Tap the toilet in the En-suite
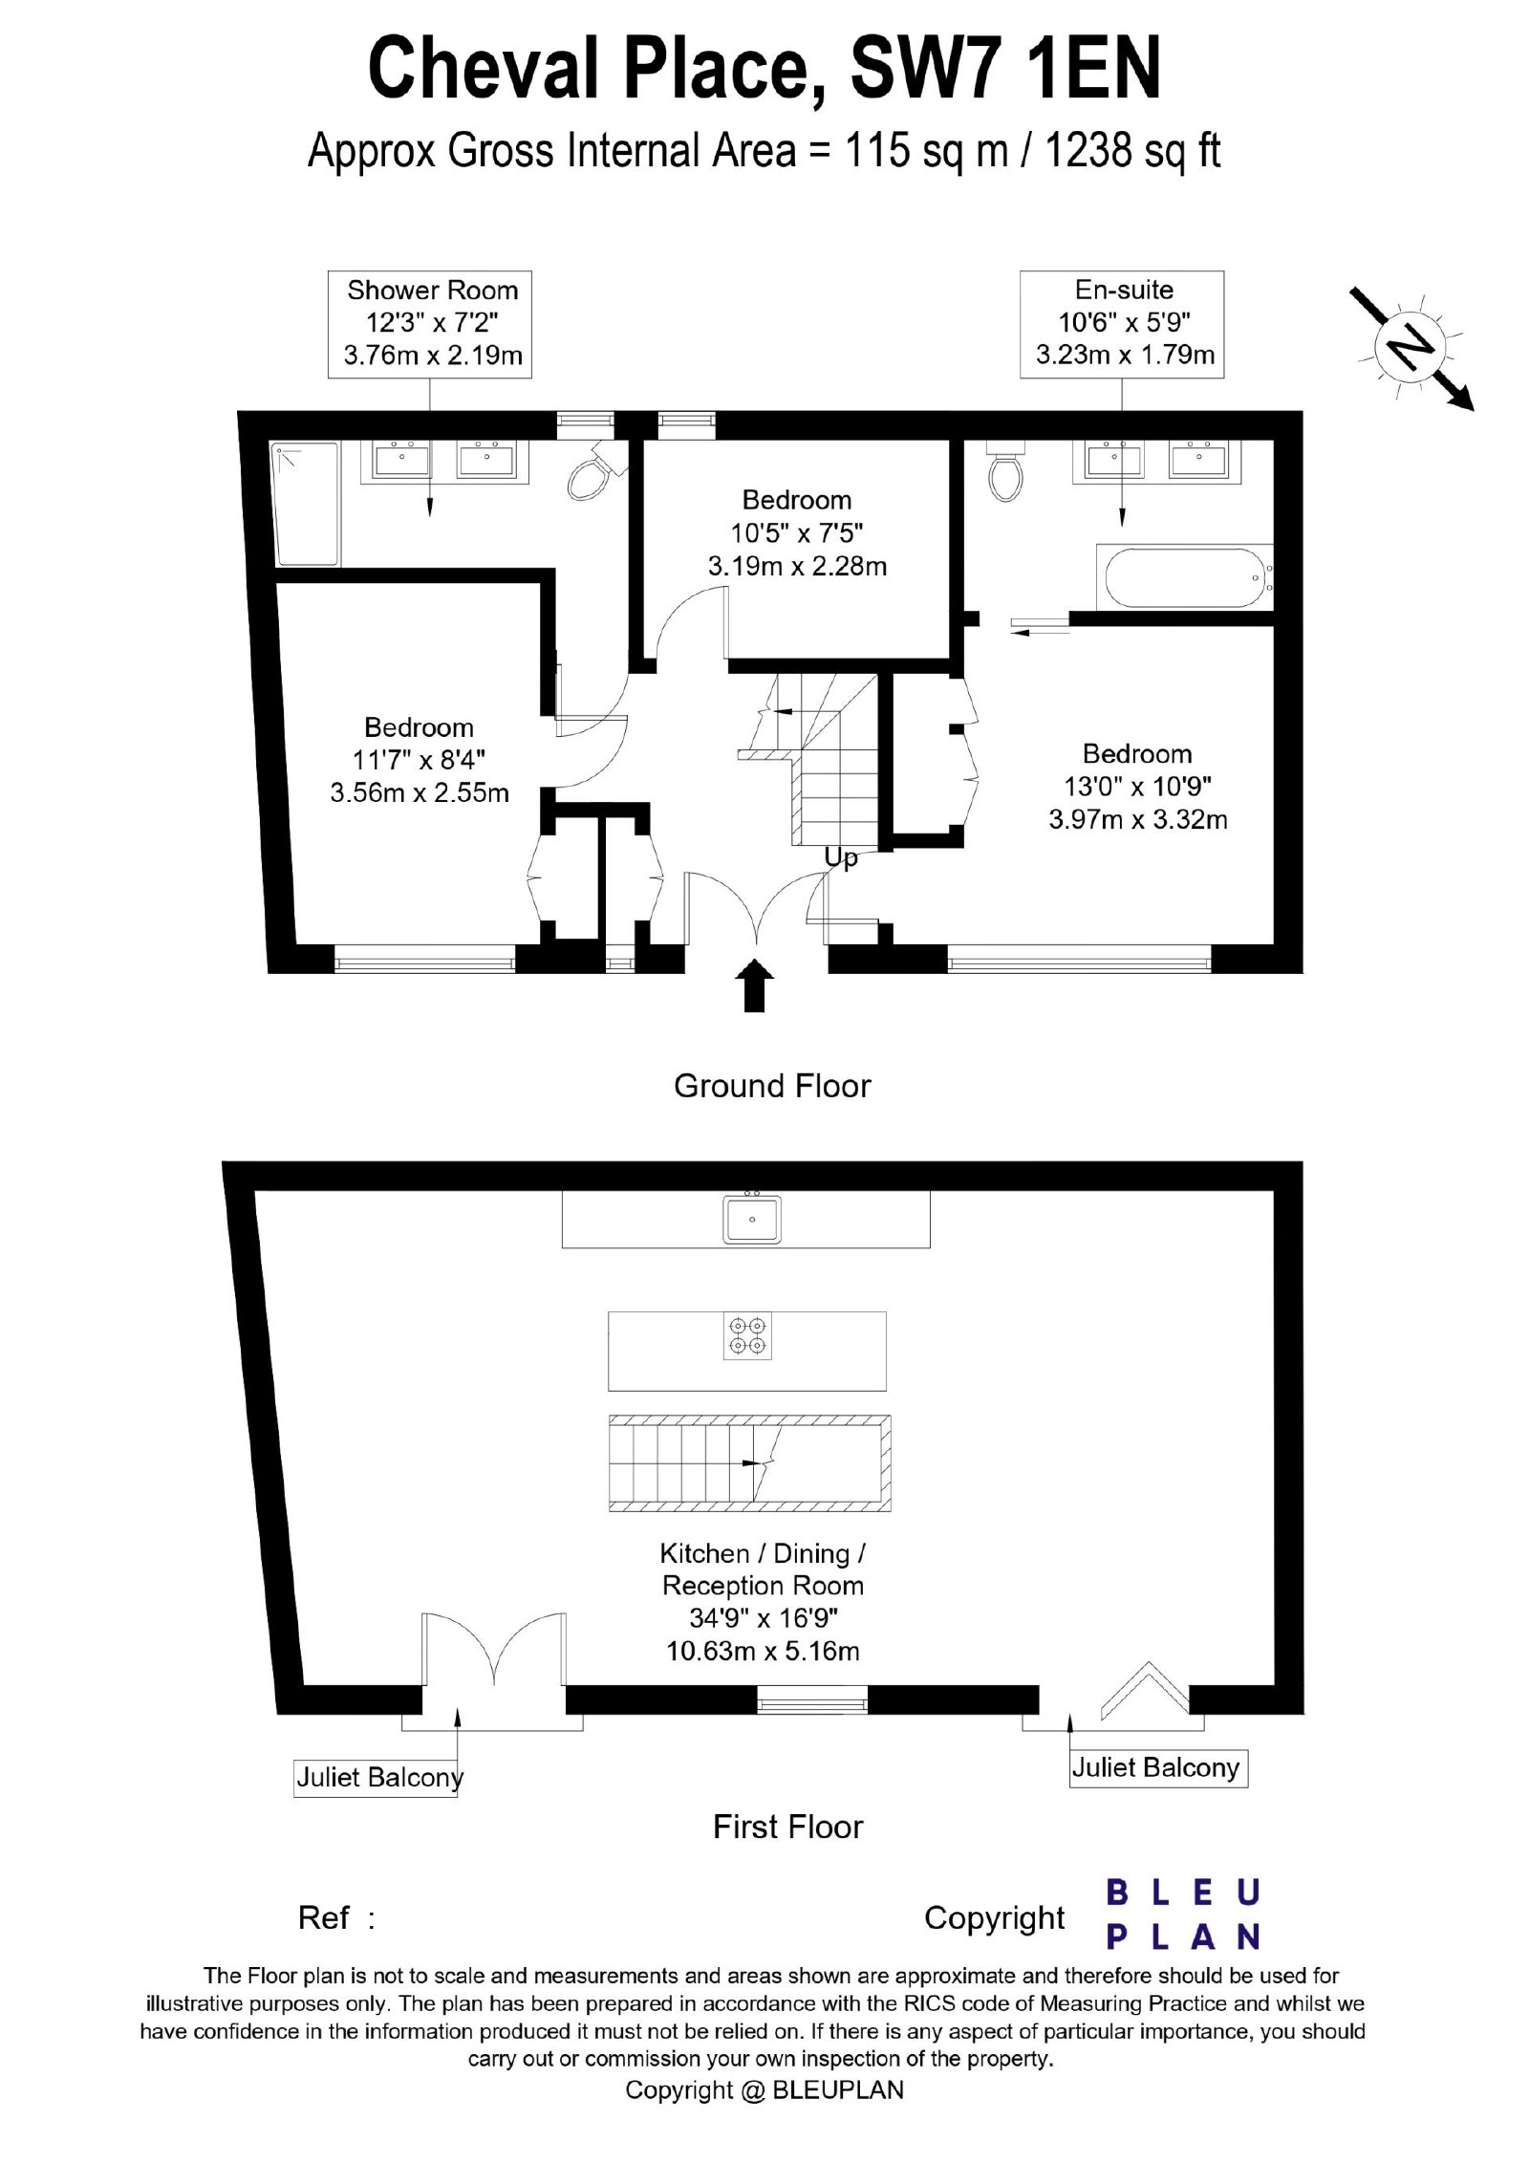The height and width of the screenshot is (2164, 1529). [1005, 470]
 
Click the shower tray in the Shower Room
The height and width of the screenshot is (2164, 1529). [306, 504]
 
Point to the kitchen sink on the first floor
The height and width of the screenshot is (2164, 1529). [752, 1219]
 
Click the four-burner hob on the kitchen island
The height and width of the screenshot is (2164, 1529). [747, 1336]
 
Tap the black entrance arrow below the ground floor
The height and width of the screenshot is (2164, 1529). [755, 985]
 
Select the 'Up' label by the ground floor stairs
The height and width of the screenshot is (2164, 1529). [841, 858]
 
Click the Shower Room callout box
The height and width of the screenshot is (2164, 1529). [429, 324]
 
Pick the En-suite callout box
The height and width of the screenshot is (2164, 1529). [1122, 324]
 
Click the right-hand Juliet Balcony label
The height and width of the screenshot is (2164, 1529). [1158, 1767]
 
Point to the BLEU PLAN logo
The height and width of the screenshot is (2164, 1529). [1183, 1915]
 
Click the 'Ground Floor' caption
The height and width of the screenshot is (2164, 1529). [772, 1086]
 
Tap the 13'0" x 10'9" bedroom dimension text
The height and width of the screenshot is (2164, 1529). [1137, 787]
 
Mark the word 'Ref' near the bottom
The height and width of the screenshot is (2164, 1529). [323, 1917]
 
